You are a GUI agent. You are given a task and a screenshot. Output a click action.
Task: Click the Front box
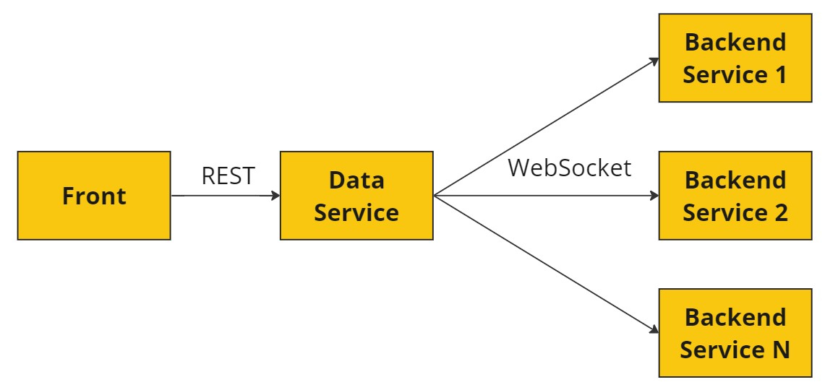click(x=94, y=196)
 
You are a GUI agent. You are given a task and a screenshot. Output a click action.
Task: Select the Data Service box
click(x=356, y=196)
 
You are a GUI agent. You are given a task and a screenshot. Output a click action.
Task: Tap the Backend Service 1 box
click(x=735, y=58)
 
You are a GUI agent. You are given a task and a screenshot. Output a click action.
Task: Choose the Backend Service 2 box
click(x=735, y=196)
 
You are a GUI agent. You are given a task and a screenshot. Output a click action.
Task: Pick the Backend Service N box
click(x=735, y=333)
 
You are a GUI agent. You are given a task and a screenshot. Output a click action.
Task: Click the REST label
click(x=228, y=176)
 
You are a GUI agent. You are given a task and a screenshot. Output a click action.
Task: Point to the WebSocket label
click(x=569, y=168)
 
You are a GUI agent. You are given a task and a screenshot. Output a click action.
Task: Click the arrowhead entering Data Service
click(x=275, y=196)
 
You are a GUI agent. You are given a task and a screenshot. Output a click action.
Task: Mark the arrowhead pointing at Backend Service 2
click(x=654, y=196)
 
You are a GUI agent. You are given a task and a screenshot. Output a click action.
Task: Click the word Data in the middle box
click(x=356, y=181)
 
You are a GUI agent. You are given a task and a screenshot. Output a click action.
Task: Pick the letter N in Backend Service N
click(x=781, y=350)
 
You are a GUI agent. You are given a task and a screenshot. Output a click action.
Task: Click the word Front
click(x=94, y=196)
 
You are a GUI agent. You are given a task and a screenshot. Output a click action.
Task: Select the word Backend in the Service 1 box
click(x=735, y=43)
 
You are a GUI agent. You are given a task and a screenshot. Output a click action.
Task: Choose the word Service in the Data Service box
click(x=356, y=213)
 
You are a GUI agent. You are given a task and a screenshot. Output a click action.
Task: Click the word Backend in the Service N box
click(x=735, y=318)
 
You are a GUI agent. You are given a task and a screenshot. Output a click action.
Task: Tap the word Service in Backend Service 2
click(x=724, y=213)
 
